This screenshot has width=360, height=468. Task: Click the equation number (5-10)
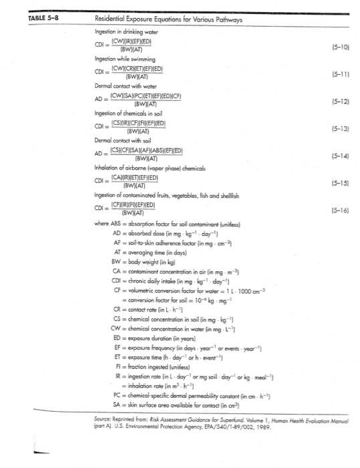click(338, 47)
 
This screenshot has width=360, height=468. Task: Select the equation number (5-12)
click(338, 102)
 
